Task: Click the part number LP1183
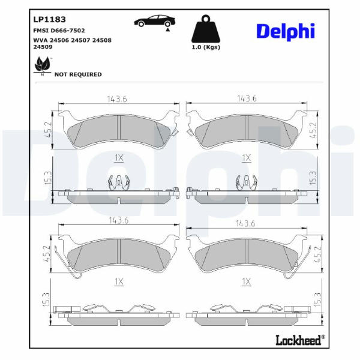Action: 49,19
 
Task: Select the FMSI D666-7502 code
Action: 59,31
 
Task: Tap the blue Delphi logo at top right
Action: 286,31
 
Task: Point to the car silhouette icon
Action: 155,21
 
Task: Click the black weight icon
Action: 206,29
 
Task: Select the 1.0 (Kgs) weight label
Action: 206,47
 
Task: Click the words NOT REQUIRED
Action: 78,74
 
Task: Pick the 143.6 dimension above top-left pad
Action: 117,99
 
